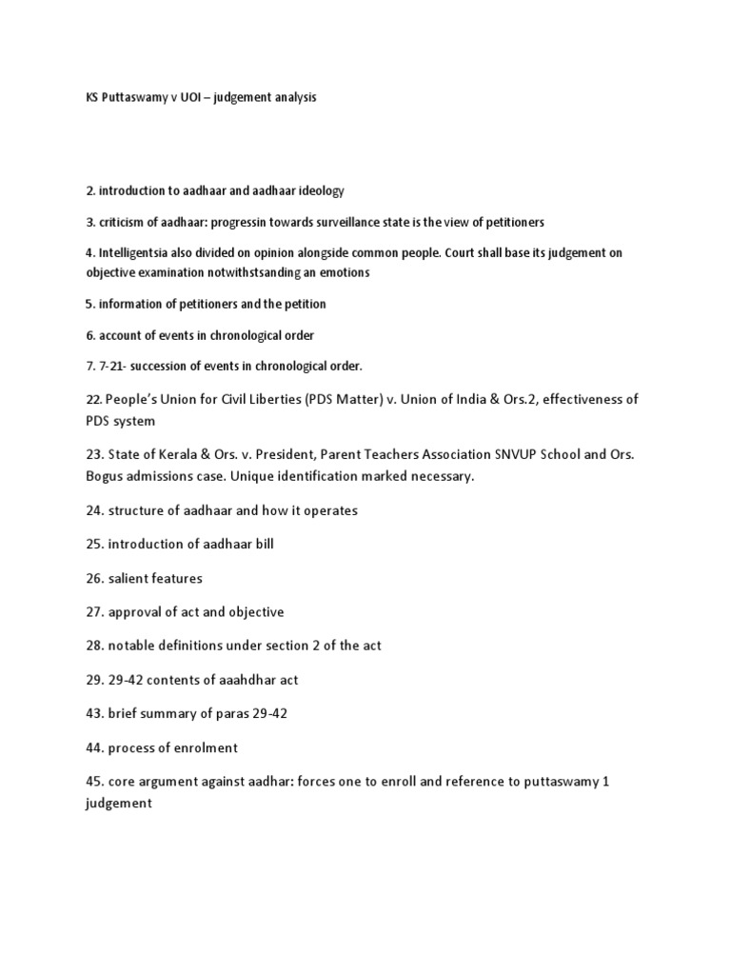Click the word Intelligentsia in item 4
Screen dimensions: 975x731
point(134,252)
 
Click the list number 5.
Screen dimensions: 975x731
point(89,304)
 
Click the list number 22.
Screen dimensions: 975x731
point(93,400)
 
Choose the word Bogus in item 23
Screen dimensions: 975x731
point(106,475)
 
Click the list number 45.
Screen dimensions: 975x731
point(93,781)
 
